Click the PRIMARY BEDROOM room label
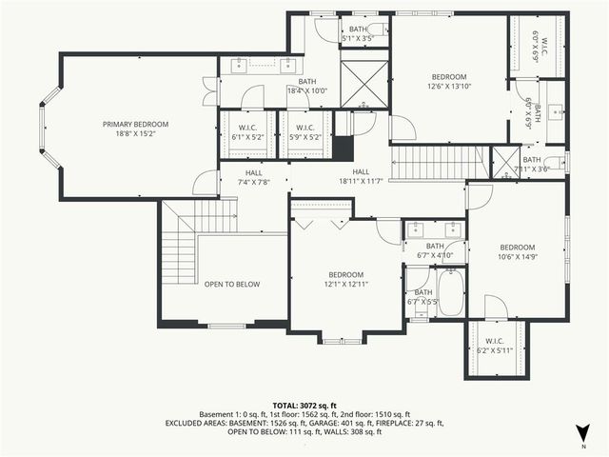(136, 124)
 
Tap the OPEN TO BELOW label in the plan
(231, 284)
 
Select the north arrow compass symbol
(584, 430)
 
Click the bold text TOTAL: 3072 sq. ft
(304, 405)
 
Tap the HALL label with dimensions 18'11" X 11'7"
(361, 175)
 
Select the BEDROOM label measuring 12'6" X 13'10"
(449, 82)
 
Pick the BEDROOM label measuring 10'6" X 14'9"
(518, 250)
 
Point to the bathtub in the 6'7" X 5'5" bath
(449, 292)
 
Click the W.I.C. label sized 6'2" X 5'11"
(494, 346)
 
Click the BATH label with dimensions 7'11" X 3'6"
(531, 164)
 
